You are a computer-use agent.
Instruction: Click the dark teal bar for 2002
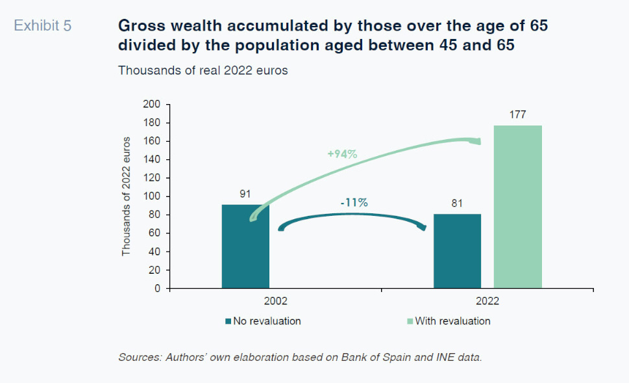[x=245, y=247]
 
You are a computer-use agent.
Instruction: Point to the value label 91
[x=245, y=194]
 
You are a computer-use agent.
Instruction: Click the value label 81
[x=457, y=203]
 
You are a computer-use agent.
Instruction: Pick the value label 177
[x=517, y=114]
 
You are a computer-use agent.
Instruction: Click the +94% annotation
[x=342, y=154]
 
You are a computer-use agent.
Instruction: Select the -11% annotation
[x=354, y=202]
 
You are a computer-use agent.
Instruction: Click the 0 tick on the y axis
[x=157, y=289]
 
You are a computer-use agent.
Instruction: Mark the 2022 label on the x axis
[x=487, y=302]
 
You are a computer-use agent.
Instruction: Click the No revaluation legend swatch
[x=228, y=321]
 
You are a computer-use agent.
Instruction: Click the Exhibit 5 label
[x=43, y=27]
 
